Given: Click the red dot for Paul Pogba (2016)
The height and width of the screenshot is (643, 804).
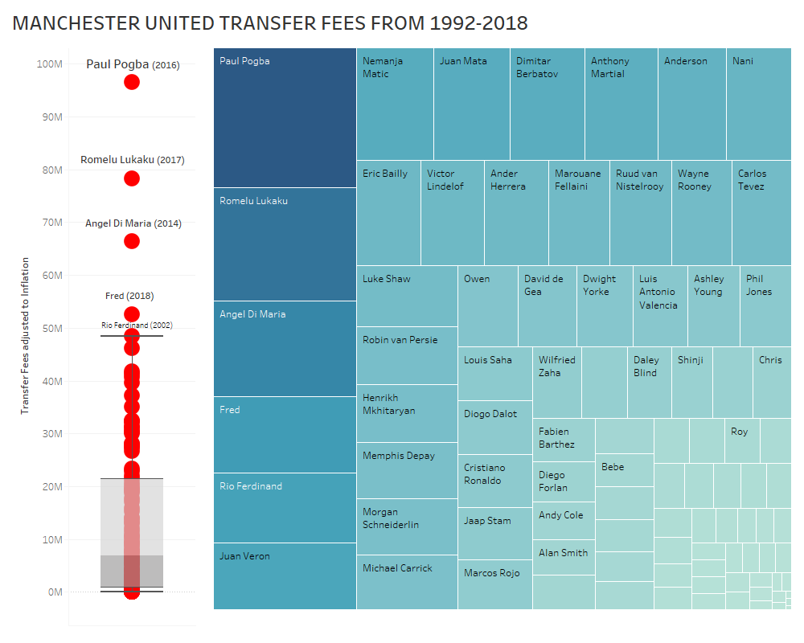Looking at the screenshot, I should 132,82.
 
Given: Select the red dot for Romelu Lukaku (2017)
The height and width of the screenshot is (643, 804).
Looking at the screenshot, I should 132,178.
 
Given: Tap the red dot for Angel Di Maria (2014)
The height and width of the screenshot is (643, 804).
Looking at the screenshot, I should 132,241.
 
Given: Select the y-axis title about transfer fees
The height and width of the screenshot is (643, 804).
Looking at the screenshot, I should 25,336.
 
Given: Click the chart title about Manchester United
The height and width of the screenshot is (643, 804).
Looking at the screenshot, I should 270,23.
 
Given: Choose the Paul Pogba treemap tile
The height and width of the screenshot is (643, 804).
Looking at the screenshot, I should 285,117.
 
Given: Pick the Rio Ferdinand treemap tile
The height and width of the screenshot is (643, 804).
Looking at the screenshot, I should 285,507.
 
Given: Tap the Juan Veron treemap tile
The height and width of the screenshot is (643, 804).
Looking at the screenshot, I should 285,575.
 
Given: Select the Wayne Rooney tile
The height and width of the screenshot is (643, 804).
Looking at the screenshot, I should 701,212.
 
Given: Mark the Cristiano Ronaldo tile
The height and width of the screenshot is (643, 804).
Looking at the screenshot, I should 494,481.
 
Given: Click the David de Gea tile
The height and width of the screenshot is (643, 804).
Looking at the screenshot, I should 547,305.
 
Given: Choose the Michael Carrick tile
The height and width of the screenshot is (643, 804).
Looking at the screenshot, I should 407,581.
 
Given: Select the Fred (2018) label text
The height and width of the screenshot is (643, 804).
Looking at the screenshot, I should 129,297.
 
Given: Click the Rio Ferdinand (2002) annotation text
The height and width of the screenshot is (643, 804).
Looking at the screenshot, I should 137,326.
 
